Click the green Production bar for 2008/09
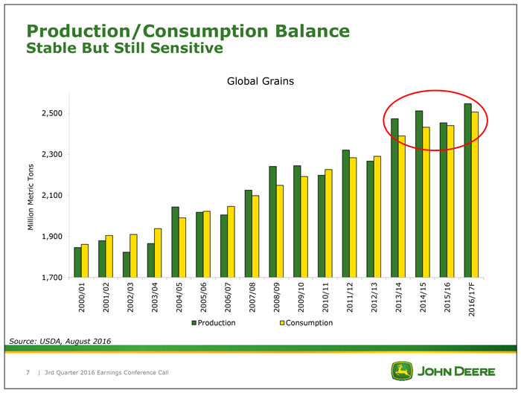pos(272,221)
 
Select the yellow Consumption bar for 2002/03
pos(134,255)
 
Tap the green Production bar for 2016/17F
pos(467,190)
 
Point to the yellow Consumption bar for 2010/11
pos(329,223)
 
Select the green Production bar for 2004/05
pos(175,241)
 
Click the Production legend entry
pos(214,323)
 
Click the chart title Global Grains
pos(260,82)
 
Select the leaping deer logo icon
pos(403,371)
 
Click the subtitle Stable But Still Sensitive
pos(124,49)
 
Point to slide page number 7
pos(28,371)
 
